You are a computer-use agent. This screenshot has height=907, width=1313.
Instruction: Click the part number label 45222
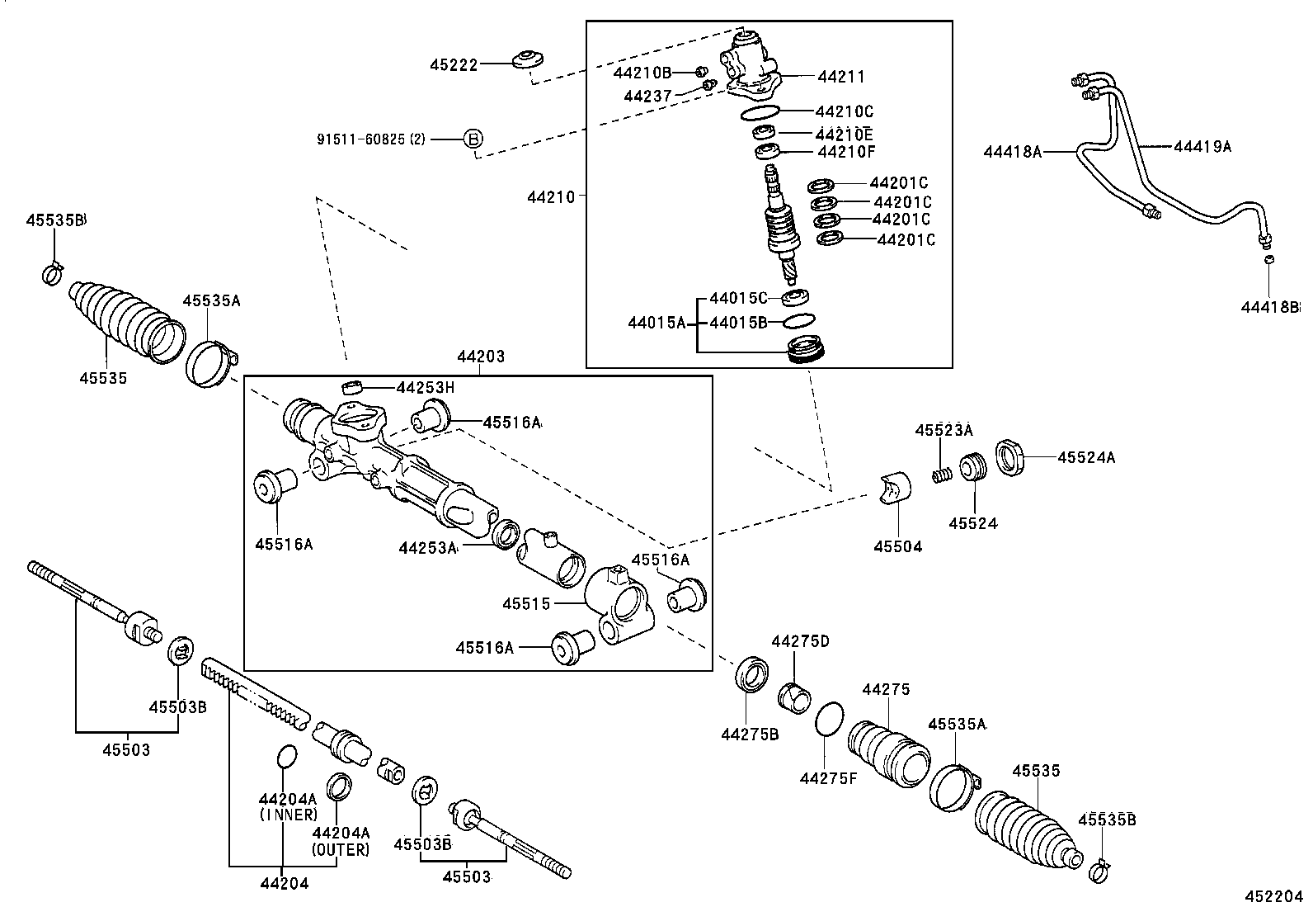click(x=453, y=64)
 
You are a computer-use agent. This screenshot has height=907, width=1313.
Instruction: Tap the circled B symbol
click(x=473, y=139)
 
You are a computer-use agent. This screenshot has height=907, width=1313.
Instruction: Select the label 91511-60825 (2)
click(x=371, y=139)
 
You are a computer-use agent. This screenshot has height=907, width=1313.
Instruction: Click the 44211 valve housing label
click(x=841, y=76)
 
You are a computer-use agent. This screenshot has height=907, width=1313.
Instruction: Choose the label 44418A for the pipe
click(x=1012, y=151)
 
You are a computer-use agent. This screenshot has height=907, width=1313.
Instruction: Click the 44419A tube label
click(x=1202, y=146)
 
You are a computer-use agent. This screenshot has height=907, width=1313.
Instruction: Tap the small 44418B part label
click(x=1270, y=307)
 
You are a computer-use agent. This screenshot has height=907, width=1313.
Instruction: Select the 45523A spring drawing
click(x=944, y=475)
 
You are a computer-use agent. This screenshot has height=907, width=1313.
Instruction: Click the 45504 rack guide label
click(x=898, y=546)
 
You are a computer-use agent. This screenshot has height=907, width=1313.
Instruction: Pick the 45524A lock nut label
click(x=1086, y=456)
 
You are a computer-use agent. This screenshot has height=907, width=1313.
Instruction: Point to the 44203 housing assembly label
click(x=481, y=357)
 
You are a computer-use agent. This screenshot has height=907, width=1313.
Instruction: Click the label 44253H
click(x=426, y=387)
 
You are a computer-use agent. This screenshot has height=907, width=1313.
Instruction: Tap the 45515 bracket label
click(x=526, y=604)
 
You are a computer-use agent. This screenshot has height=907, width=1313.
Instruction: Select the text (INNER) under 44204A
click(x=288, y=815)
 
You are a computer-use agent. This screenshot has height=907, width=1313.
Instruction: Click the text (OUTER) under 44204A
click(x=341, y=848)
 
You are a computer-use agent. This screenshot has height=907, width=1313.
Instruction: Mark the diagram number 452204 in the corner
click(x=1274, y=897)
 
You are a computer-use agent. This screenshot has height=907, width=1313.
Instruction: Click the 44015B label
click(x=738, y=322)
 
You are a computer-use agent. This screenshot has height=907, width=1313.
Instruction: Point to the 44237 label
click(x=649, y=95)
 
